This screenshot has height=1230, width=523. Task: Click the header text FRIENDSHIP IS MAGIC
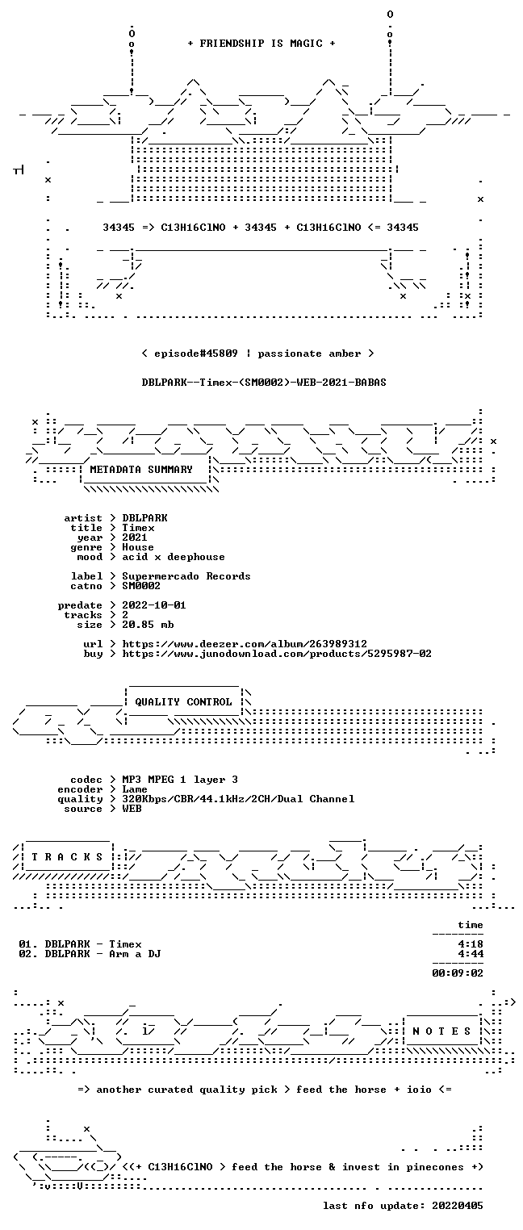pos(261,44)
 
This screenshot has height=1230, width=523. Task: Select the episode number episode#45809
pos(195,354)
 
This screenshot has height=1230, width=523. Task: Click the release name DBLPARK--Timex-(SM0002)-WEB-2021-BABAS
pos(264,383)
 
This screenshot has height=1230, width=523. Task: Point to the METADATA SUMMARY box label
pos(141,470)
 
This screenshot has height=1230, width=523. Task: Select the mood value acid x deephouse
pos(174,558)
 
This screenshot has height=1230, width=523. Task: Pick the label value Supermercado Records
pos(186,576)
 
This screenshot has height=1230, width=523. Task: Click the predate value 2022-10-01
pos(154,605)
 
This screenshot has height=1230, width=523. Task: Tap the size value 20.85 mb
pos(148,625)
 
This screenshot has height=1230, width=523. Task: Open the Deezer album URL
pos(245,644)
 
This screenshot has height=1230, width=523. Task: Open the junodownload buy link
pos(277,654)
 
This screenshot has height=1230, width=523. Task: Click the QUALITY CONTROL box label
pos(183,702)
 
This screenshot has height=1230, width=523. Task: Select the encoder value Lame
pos(135,789)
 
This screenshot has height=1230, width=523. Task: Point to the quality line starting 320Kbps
pos(238,800)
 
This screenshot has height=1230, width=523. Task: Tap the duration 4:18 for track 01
pos(471,944)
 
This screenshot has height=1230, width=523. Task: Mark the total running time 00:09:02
pos(458,973)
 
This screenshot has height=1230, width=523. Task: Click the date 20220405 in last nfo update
pos(458,1206)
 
